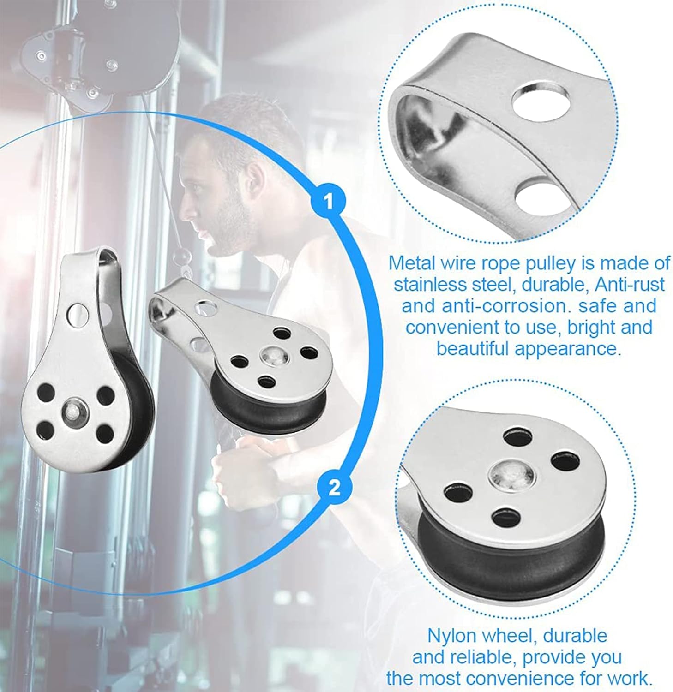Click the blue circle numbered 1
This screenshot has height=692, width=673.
tap(328, 202)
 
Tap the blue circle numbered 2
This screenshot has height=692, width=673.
tap(334, 487)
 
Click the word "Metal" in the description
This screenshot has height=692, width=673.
tap(411, 263)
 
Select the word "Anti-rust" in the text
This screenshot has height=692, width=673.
tap(630, 284)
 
